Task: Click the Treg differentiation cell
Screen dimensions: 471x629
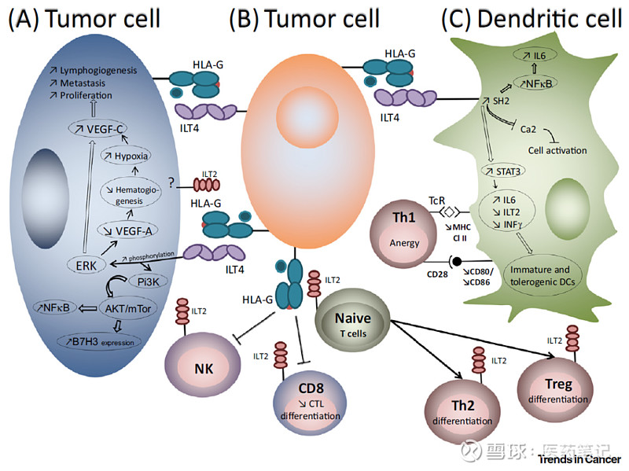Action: coord(554,389)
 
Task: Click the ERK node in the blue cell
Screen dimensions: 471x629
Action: coord(83,266)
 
